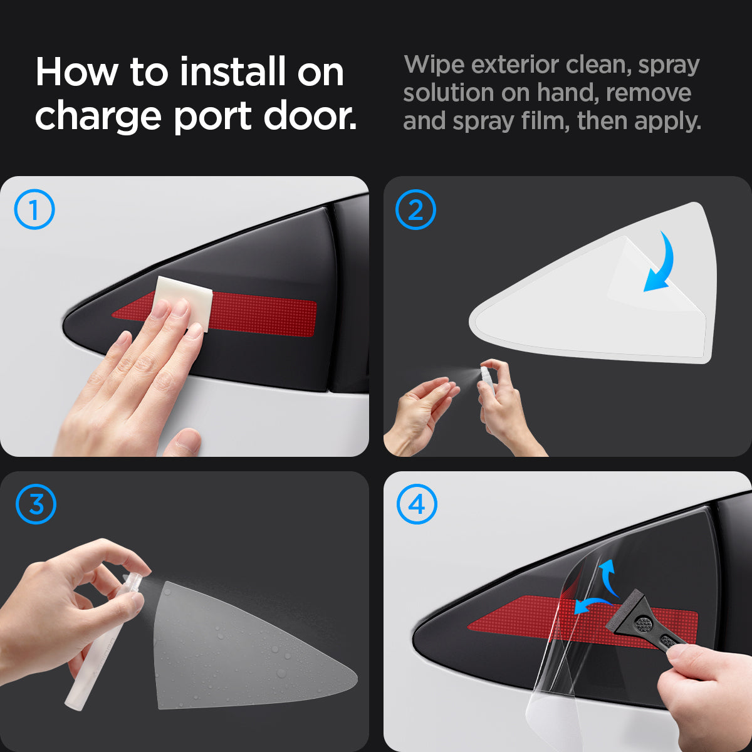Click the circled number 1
pyautogui.click(x=34, y=209)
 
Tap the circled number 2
pyautogui.click(x=415, y=209)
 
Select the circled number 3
pyautogui.click(x=36, y=504)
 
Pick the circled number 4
pyautogui.click(x=417, y=504)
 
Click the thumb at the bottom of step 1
pyautogui.click(x=182, y=442)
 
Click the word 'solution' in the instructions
pyautogui.click(x=449, y=93)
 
